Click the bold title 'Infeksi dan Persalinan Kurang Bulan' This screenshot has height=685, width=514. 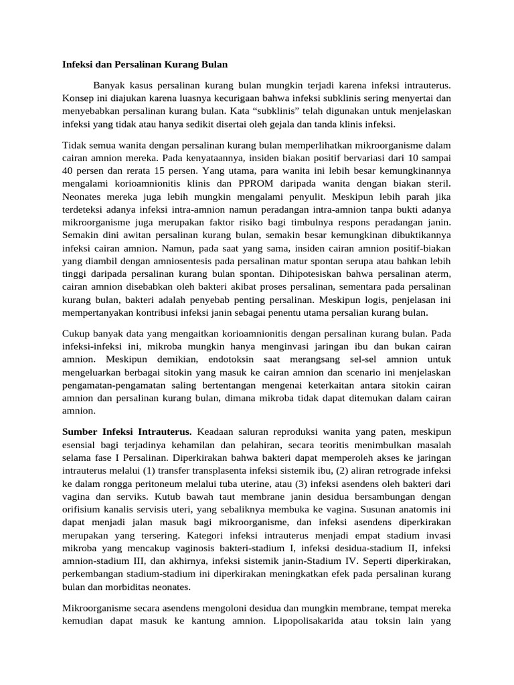(145, 65)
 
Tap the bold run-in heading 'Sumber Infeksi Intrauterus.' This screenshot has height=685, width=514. (127, 432)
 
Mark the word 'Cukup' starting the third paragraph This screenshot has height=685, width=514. (76, 332)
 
